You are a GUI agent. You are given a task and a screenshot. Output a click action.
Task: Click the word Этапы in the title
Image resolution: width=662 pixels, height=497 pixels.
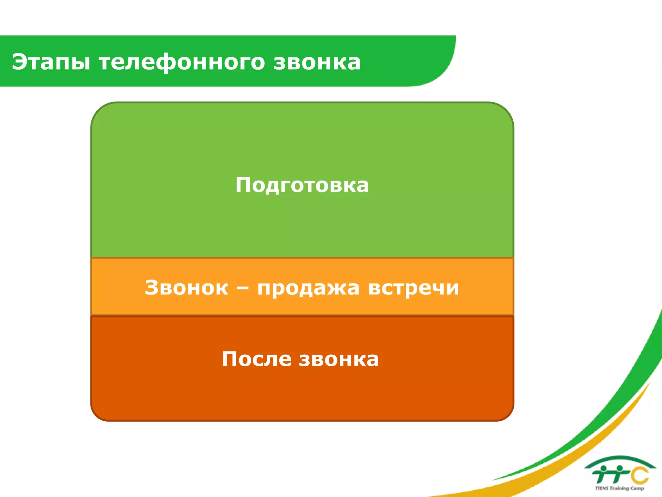[51, 62]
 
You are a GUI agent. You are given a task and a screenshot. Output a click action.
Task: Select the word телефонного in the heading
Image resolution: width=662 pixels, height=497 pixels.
[182, 62]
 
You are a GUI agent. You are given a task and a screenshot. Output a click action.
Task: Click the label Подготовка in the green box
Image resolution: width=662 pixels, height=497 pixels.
[302, 185]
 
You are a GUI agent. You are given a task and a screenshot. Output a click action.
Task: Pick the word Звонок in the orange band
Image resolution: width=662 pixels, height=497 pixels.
[186, 287]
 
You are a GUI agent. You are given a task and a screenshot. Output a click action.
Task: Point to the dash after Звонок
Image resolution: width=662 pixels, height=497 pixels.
[242, 287]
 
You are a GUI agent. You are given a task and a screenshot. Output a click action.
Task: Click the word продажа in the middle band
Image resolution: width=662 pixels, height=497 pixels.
[308, 288]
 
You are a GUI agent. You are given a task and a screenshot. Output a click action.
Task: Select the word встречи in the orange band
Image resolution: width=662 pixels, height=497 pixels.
[413, 287]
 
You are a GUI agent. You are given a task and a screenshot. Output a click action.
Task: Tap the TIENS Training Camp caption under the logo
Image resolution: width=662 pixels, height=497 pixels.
[619, 488]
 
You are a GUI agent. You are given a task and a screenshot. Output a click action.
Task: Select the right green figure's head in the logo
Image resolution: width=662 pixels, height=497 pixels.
[619, 468]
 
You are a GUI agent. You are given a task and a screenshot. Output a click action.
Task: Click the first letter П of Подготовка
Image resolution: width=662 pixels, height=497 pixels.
[243, 185]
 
